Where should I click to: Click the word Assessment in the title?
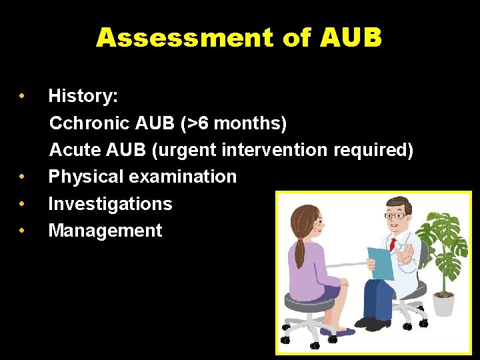(x=185, y=38)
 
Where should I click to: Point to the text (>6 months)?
(x=231, y=123)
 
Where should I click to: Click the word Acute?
(x=73, y=150)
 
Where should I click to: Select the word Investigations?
(x=110, y=203)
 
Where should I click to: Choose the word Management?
(x=105, y=231)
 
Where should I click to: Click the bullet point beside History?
(x=23, y=97)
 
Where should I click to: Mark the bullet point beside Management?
(x=23, y=231)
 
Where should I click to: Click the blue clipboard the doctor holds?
(x=380, y=261)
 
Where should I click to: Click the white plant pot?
(x=443, y=303)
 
